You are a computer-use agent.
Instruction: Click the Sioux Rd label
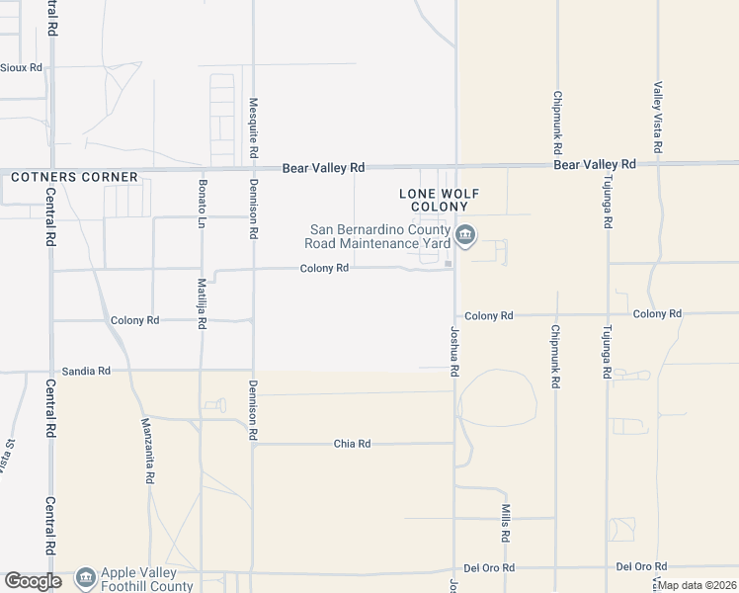coord(22,67)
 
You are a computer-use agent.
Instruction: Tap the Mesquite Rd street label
coord(254,128)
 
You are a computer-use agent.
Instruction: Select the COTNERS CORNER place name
coord(74,177)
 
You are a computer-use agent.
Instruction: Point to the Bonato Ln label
coord(202,200)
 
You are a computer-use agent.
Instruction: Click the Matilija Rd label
coord(202,302)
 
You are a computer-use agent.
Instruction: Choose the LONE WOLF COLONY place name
coord(432,200)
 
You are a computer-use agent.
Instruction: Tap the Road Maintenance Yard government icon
coord(465,236)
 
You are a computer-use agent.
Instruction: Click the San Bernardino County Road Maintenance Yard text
coord(379,236)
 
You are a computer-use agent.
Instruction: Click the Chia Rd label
coord(351,444)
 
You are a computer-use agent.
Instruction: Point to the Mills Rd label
coord(505,523)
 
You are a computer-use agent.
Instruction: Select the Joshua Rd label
coord(455,352)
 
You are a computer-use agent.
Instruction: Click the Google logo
coord(33,581)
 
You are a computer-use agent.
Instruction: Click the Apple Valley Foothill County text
coord(140,578)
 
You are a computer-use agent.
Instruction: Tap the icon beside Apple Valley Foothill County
coord(86,576)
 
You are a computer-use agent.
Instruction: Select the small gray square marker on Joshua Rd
coord(448,264)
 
